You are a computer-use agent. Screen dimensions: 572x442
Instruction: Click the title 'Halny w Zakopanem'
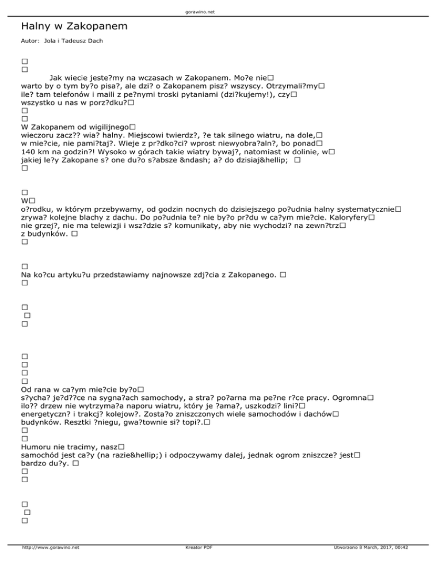pos(74,26)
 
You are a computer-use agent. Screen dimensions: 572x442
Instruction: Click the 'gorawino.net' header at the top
pos(220,12)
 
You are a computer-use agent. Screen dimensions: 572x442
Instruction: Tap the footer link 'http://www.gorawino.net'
pos(50,563)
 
